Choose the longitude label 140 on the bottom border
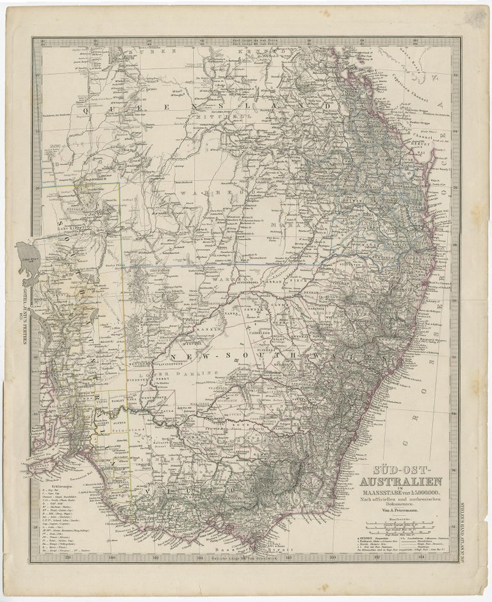point(113,558)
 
